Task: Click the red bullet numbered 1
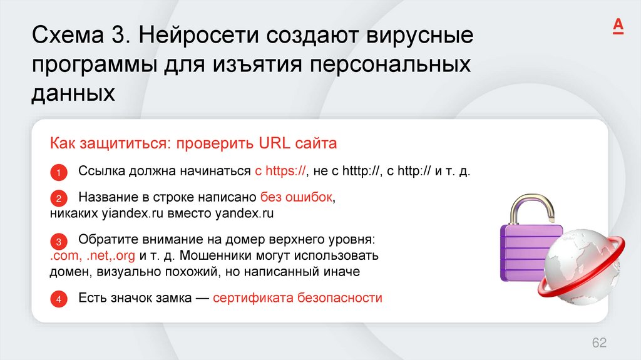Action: click(x=58, y=172)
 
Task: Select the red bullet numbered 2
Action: click(x=58, y=199)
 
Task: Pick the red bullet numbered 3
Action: click(x=58, y=241)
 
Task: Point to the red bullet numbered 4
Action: click(x=58, y=299)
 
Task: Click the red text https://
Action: click(x=285, y=171)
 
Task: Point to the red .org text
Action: click(x=123, y=255)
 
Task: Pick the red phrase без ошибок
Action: click(x=295, y=198)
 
